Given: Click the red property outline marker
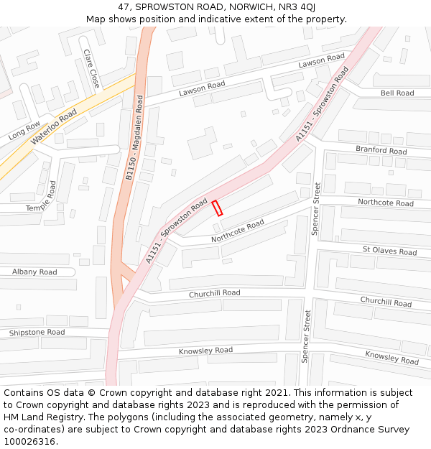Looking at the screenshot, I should click(217, 208).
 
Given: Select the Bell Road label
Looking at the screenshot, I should click(397, 93).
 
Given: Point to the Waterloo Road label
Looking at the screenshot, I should click(54, 127).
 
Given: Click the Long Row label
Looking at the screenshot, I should click(24, 130).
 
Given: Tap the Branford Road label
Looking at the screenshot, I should click(381, 151).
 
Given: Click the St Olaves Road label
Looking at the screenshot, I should click(389, 252).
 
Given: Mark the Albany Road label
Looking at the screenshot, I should click(34, 272).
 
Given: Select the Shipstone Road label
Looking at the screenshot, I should click(37, 333).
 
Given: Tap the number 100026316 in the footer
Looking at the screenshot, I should click(29, 442).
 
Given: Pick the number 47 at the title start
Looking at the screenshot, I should click(124, 6).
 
